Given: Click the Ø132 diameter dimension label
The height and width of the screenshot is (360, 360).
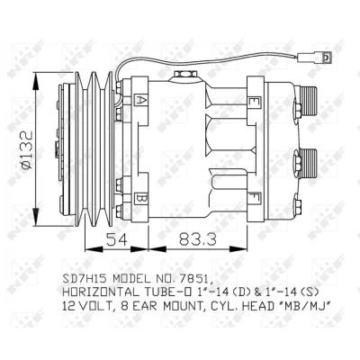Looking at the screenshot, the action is (x=27, y=150).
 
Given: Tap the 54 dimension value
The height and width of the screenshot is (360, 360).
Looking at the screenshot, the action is (x=117, y=239).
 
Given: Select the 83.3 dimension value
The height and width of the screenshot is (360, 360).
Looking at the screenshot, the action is (x=198, y=239).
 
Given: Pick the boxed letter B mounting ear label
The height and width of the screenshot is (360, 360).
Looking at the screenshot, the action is (x=140, y=198).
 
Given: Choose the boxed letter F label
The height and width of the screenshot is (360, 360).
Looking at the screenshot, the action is (x=255, y=198).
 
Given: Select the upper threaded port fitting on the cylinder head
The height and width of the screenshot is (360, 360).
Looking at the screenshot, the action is (x=309, y=101).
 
